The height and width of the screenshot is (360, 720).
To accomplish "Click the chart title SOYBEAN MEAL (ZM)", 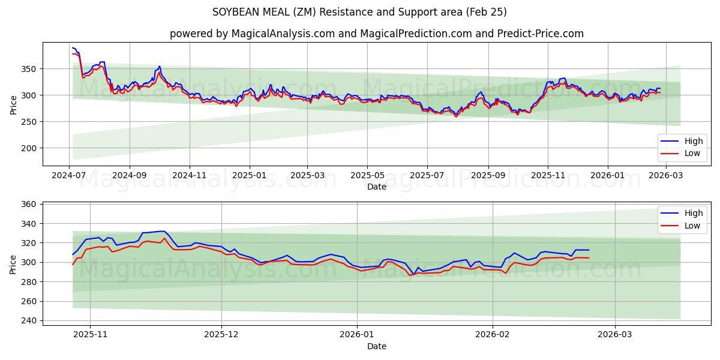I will pos(359,12).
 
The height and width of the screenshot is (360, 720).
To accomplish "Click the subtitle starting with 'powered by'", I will pos(376,34).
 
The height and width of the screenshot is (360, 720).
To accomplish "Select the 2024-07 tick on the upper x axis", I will pos(70,175).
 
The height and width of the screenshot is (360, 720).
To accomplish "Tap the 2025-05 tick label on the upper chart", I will pos(367,175).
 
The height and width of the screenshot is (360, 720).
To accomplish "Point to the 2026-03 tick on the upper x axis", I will pos(666,175).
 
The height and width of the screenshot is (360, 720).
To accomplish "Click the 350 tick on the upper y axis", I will pos(29,69).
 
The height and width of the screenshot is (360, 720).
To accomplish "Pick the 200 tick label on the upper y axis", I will pos(29,148).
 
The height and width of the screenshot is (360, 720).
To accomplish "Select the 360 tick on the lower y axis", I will pos(29,205).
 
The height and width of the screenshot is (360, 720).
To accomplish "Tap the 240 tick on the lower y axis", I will pos(29,320).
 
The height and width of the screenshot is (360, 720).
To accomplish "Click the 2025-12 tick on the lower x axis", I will pos(221,335).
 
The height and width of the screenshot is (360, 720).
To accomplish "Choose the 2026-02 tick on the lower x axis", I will pos(492,335).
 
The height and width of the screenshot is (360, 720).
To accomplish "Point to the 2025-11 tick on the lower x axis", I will pos(90,335).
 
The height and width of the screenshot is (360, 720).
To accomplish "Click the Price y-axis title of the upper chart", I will pos(14,104).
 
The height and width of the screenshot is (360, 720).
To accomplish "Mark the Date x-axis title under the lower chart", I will pos(376,346).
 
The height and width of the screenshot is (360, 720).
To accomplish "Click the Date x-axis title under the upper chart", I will pos(376,187).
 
